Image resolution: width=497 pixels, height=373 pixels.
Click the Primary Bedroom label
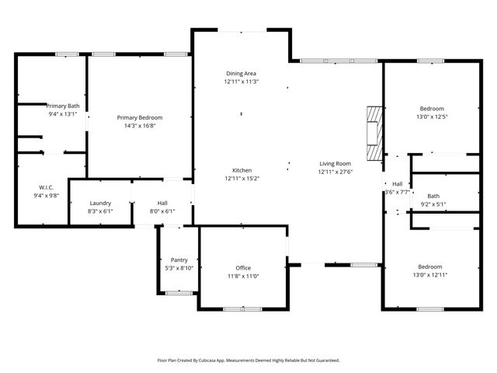[x=140, y=117]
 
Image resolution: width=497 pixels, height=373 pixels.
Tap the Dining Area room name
[x=241, y=72]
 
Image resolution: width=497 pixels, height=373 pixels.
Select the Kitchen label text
[x=242, y=170]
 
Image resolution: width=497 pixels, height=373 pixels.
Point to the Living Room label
[x=335, y=163]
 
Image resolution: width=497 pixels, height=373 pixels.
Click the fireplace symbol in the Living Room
[x=375, y=133]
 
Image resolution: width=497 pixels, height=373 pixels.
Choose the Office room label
[x=242, y=267]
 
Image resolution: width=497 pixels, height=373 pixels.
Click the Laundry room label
[x=101, y=203]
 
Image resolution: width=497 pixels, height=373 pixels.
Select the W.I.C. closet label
[x=45, y=187]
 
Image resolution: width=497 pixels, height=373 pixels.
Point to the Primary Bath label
[x=63, y=106]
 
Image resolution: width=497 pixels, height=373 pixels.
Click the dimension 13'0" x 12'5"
[x=432, y=117]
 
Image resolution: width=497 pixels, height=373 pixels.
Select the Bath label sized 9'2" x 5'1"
[x=433, y=196]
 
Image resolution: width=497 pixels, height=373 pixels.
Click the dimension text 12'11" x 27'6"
[x=335, y=172]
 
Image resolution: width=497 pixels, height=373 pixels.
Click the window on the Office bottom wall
[x=242, y=309]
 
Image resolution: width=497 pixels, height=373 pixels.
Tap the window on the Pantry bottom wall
[x=179, y=292]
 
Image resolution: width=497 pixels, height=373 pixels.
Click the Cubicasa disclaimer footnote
[x=248, y=361]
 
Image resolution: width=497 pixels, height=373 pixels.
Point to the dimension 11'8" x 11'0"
[x=242, y=276]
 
